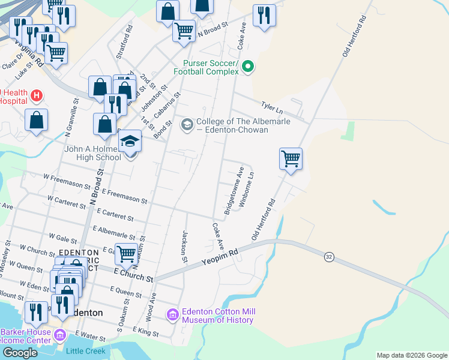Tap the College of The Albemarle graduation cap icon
(x=187, y=124)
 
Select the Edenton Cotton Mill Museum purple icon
(x=173, y=314)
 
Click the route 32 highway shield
(x=328, y=256)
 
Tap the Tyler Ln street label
(x=271, y=106)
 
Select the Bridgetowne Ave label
(x=234, y=187)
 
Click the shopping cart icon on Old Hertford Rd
(x=291, y=159)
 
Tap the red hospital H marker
(x=37, y=95)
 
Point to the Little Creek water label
(x=86, y=351)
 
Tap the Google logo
(x=20, y=353)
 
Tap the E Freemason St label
(x=124, y=195)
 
